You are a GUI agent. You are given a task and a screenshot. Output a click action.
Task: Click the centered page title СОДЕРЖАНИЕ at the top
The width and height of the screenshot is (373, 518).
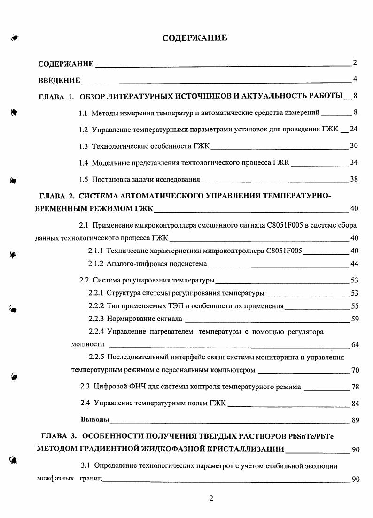tap(194, 38)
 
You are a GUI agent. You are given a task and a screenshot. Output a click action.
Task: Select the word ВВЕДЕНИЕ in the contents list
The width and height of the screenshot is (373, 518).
tap(59, 81)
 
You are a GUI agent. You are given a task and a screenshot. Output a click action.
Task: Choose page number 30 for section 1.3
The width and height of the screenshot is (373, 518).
tap(354, 146)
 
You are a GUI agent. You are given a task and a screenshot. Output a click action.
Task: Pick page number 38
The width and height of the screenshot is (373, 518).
tap(354, 179)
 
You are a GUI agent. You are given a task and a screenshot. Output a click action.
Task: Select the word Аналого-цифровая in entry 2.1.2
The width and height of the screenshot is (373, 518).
tap(134, 264)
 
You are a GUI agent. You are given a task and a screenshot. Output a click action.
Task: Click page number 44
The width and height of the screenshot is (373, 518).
tap(355, 264)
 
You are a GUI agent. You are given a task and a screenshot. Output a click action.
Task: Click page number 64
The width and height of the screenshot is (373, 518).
tap(355, 345)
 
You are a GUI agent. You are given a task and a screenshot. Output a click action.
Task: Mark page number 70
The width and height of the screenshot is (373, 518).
tap(355, 370)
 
